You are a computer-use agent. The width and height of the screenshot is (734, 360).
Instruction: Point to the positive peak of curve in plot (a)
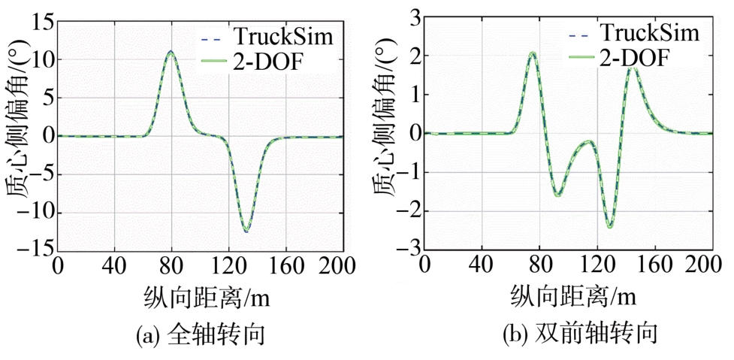click(171, 52)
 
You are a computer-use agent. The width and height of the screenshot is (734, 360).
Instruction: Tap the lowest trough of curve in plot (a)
click(246, 230)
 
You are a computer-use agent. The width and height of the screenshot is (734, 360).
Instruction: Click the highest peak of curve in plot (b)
click(532, 53)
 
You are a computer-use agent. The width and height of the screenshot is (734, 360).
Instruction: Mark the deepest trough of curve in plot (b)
click(610, 226)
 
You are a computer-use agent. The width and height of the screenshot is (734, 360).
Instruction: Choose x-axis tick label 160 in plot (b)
click(656, 266)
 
